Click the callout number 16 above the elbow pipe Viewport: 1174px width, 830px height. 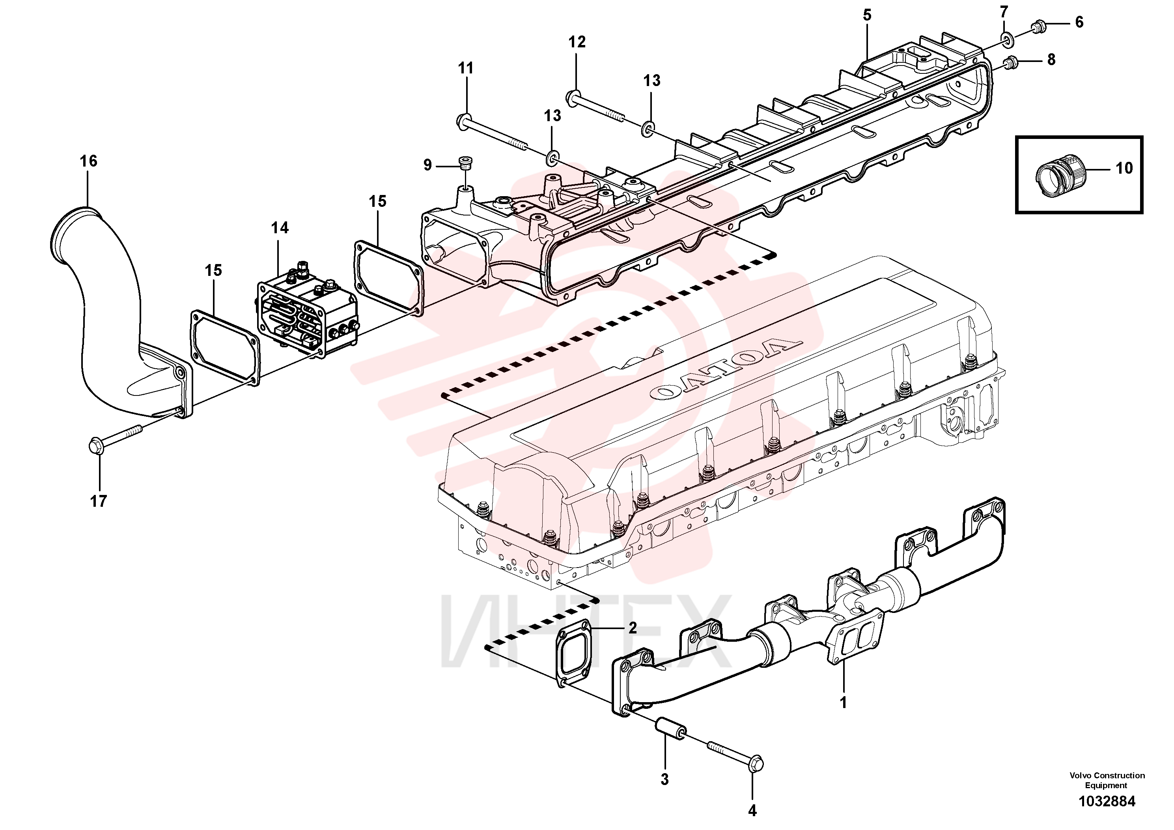point(88,161)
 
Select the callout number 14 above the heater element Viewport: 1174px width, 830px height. point(280,228)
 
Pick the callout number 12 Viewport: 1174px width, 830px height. point(577,42)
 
